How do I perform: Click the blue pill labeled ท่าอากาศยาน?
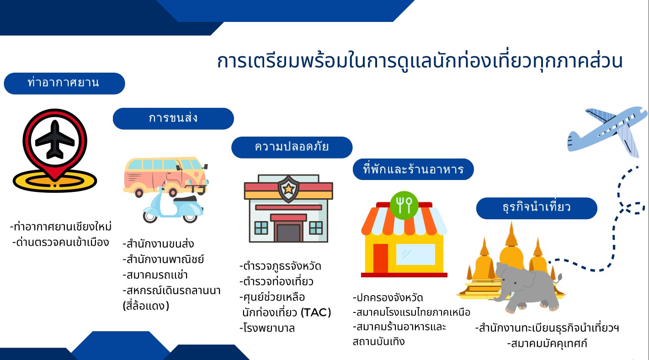(64, 84)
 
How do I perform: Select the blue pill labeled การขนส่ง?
(173, 118)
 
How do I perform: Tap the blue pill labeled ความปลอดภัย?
(292, 148)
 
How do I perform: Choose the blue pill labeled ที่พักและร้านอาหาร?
(413, 169)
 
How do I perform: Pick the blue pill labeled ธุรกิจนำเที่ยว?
(537, 208)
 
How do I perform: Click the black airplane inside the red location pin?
(55, 140)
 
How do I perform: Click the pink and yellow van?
(165, 176)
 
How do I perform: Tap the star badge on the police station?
(288, 189)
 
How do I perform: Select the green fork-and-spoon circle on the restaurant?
(404, 205)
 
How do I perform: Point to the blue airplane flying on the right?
(607, 130)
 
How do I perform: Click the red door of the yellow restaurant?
(380, 258)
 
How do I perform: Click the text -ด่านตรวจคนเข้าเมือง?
(60, 243)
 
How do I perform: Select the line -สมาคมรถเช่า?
(155, 275)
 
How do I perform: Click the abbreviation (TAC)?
(316, 312)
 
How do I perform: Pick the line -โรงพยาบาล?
(267, 328)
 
